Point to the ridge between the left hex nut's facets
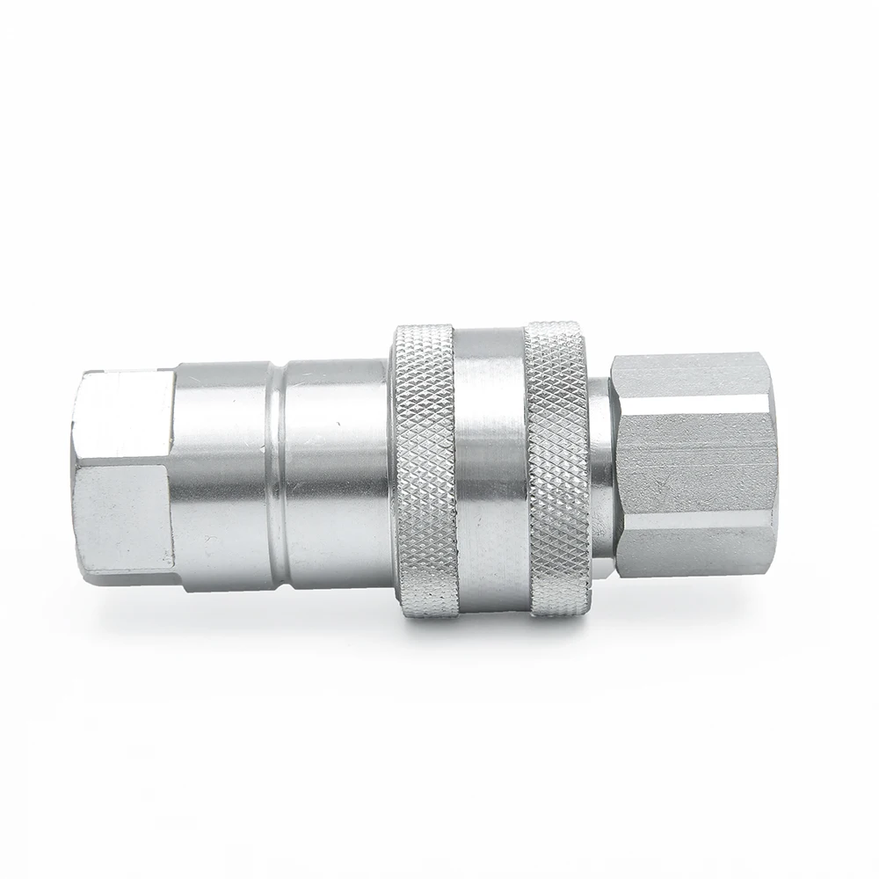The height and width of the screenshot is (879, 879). [x=123, y=467]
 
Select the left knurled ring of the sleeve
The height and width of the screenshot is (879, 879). [x=424, y=470]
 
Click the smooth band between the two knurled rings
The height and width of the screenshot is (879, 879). [x=490, y=470]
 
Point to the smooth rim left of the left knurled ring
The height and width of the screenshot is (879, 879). [x=393, y=470]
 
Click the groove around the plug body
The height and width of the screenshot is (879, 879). [x=280, y=475]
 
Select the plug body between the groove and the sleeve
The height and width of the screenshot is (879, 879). [x=334, y=475]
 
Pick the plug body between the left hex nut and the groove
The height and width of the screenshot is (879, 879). [x=224, y=475]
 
